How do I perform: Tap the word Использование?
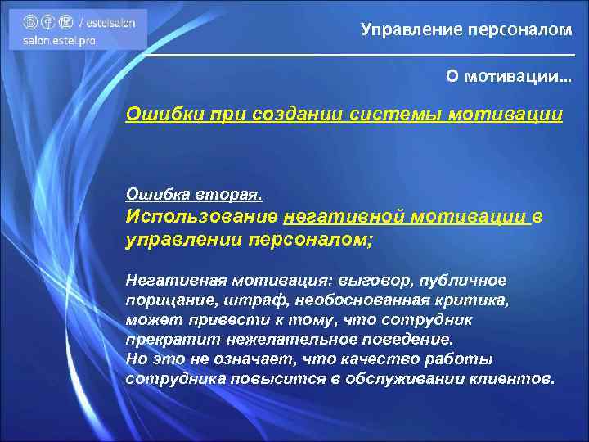[200, 217]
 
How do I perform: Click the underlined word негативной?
[344, 217]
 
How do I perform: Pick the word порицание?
[166, 300]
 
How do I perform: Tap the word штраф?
[246, 300]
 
